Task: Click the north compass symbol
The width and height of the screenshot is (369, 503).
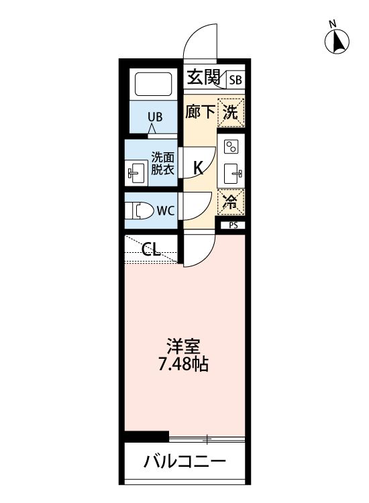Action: point(337,41)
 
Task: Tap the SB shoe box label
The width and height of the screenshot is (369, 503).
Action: point(235,79)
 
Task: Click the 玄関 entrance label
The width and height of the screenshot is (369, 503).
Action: point(203,77)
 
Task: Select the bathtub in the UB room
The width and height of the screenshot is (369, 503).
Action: point(154,84)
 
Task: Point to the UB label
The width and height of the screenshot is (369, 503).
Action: point(155,117)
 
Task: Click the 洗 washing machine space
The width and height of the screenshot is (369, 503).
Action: point(231,113)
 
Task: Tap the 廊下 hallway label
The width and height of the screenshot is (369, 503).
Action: point(200,112)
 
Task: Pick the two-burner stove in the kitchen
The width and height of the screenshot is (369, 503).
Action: point(231,147)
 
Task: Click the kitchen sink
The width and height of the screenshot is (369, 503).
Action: point(232,174)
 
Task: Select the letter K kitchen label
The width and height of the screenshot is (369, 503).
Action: point(199,168)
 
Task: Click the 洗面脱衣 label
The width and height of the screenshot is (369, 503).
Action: point(162,164)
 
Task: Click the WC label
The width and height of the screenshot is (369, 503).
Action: point(166,211)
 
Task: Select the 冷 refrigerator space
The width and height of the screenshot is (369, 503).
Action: point(231,202)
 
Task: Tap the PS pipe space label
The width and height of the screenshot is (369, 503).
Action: point(233,225)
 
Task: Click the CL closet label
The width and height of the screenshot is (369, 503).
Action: point(151,249)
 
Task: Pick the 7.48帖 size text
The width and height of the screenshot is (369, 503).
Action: point(184,364)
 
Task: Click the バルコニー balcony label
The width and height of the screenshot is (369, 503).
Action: point(184,462)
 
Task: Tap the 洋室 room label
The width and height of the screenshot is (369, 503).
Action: point(184,346)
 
